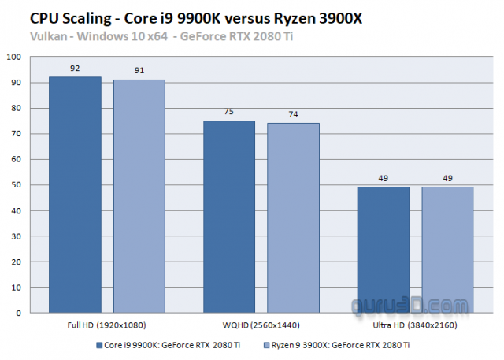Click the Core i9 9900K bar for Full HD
coord(75,195)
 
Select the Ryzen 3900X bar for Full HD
coord(139,196)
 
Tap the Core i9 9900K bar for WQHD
coord(229,217)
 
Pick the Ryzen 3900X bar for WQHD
coord(293,217)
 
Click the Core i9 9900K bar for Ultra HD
coord(384,250)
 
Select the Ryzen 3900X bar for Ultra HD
coord(447,250)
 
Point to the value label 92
coord(75,69)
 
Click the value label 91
coord(139,72)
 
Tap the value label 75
coord(229,113)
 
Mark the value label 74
coord(293,115)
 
